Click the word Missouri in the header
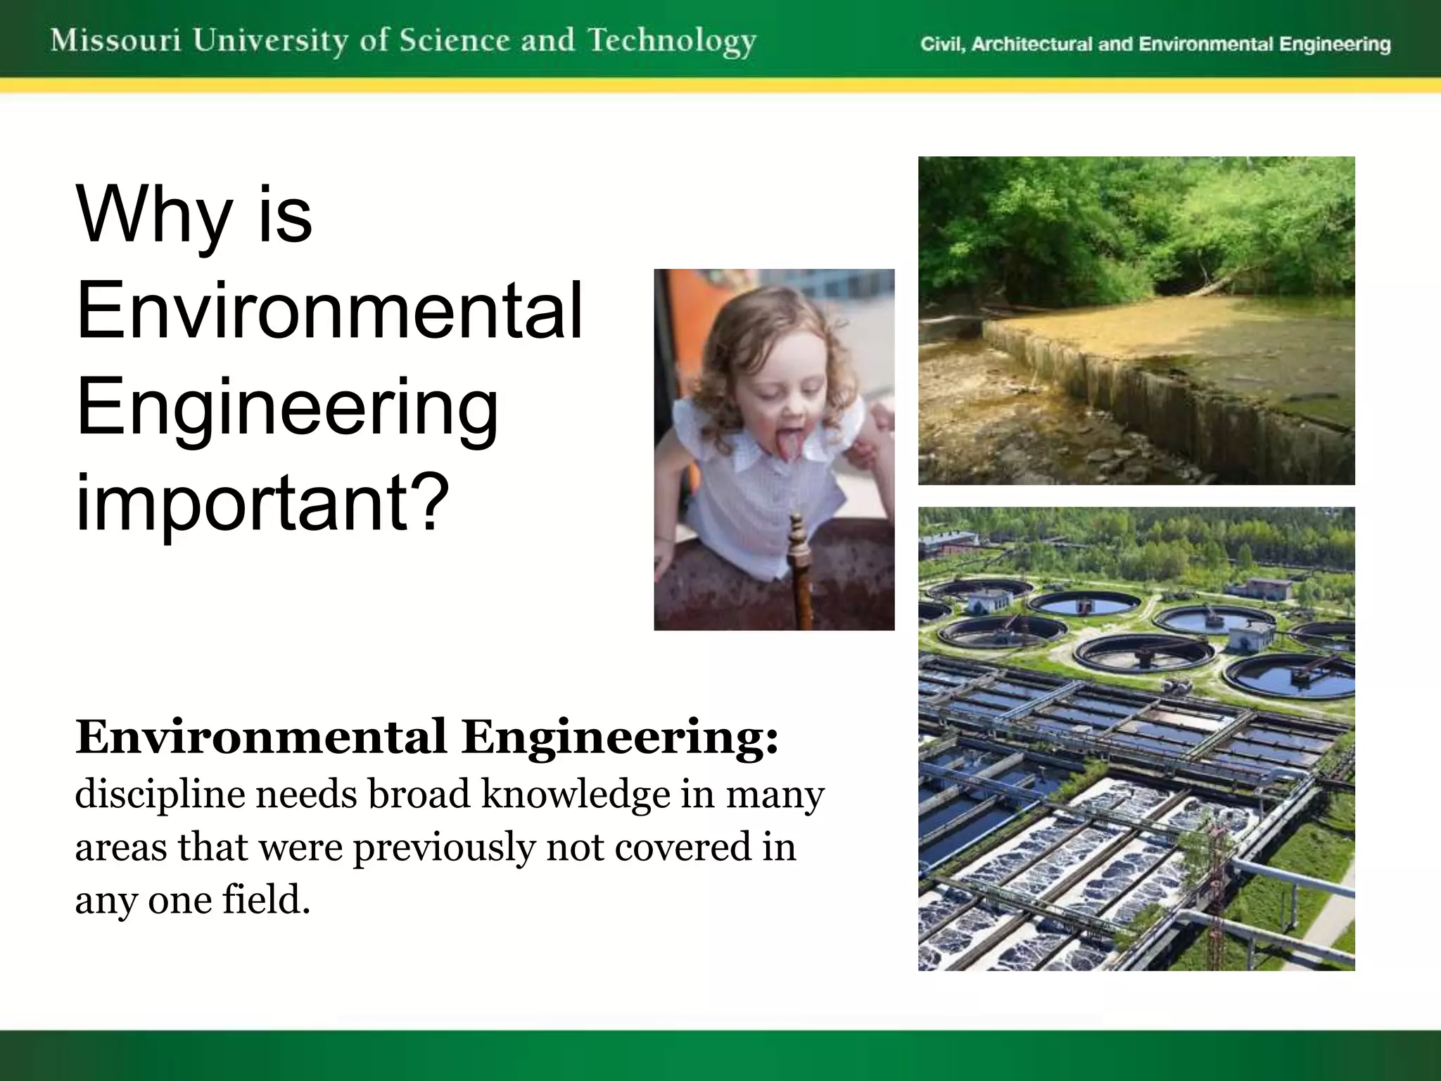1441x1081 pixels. (115, 40)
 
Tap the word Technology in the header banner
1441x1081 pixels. (672, 42)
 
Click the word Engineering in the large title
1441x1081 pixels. (287, 408)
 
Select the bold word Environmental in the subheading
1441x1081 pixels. (261, 738)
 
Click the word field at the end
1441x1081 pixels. (266, 899)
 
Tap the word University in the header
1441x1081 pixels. (271, 41)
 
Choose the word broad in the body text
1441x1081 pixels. (419, 794)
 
